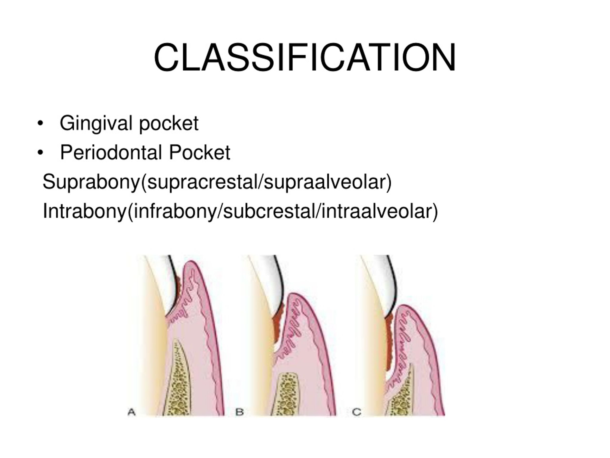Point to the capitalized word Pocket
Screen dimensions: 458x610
199,152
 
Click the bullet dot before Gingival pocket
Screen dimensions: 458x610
40,123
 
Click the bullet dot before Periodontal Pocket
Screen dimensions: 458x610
40,153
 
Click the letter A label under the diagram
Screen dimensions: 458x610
132,412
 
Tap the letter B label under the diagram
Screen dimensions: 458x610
239,412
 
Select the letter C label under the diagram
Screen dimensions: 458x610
356,412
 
